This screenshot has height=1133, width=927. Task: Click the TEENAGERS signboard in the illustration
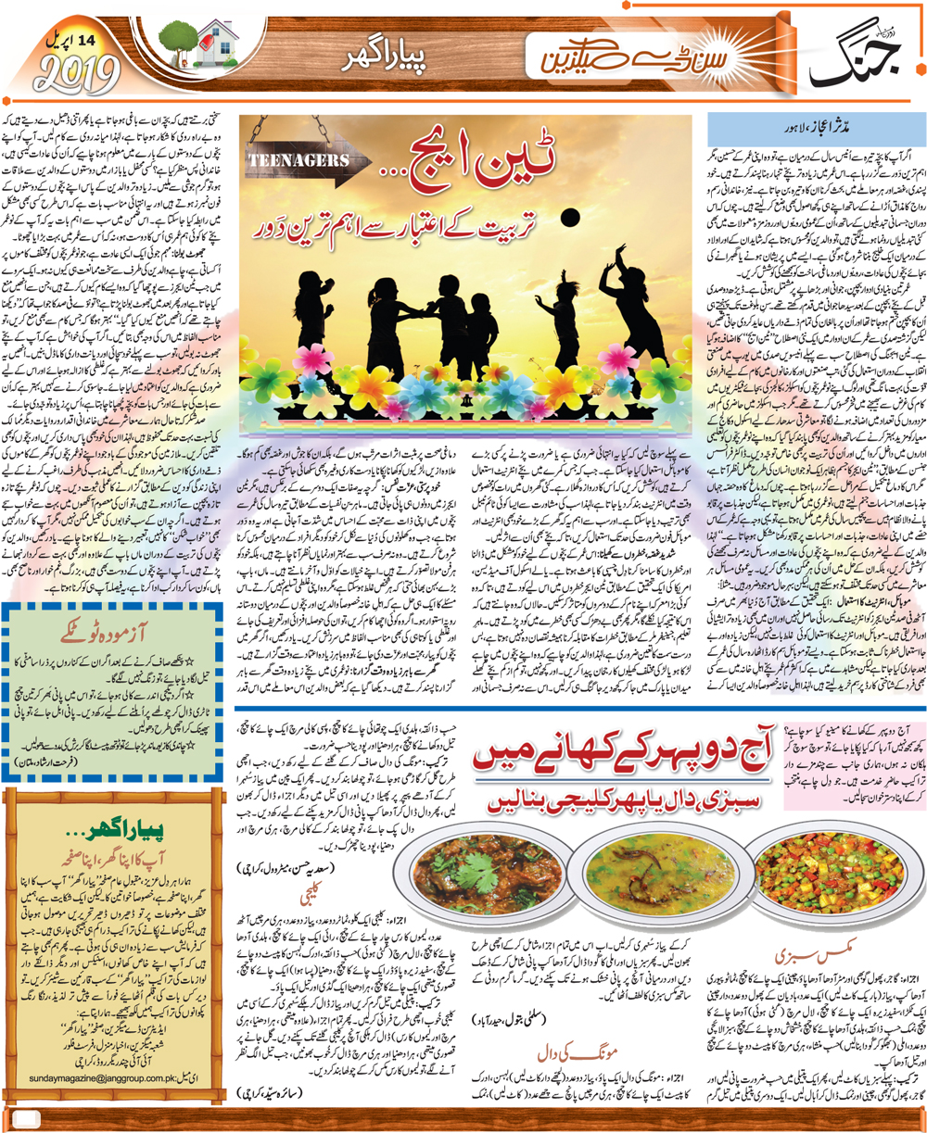click(296, 170)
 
